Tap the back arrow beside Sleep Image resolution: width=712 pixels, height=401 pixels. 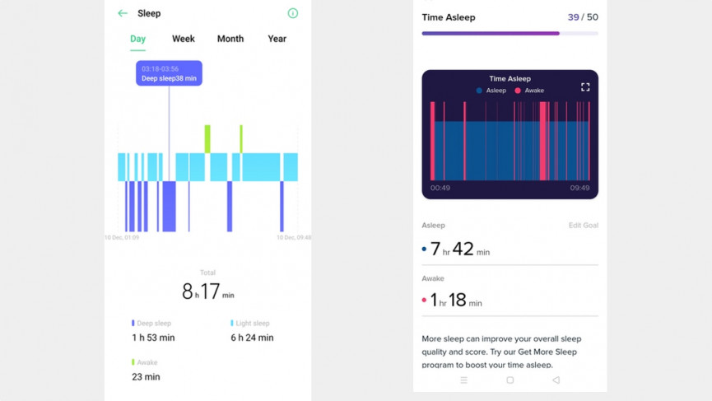[123, 13]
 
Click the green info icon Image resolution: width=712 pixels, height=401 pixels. [292, 13]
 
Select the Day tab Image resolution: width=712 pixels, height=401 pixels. [137, 39]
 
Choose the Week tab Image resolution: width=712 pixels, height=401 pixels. [184, 39]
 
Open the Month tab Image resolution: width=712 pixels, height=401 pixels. [230, 39]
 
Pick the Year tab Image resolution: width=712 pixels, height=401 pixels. [277, 39]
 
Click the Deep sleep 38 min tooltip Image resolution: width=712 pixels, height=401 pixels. [169, 73]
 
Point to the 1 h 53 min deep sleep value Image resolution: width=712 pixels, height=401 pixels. [153, 338]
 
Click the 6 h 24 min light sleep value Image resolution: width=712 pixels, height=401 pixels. [252, 338]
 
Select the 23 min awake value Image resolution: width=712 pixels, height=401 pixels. [146, 376]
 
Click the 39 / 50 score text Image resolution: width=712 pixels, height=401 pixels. [583, 17]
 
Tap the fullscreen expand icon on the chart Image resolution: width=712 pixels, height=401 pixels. [585, 86]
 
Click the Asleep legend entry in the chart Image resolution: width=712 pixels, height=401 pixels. [491, 91]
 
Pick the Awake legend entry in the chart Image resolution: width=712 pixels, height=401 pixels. [530, 91]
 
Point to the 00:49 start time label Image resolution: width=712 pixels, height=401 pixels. [440, 188]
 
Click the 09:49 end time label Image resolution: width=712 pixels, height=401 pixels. [579, 188]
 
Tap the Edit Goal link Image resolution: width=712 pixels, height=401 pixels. [583, 226]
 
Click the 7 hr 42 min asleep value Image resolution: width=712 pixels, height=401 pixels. [458, 249]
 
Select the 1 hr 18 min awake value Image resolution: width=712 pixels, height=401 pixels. [455, 301]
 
